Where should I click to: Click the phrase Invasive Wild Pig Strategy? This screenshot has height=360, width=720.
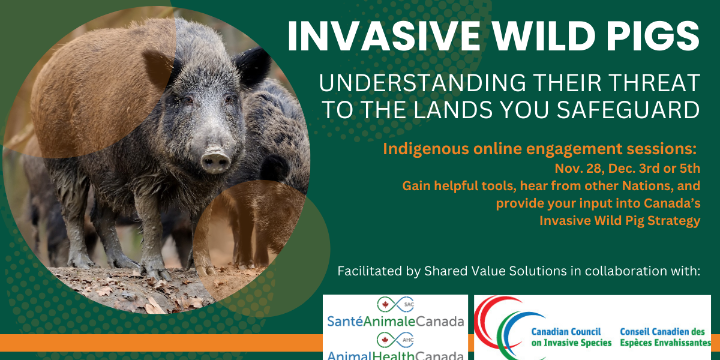[x=620, y=220]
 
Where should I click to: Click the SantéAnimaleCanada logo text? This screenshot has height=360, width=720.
[x=396, y=321]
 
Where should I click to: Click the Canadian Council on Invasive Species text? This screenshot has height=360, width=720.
[x=571, y=337]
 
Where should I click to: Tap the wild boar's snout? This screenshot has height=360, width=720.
[x=214, y=161]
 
